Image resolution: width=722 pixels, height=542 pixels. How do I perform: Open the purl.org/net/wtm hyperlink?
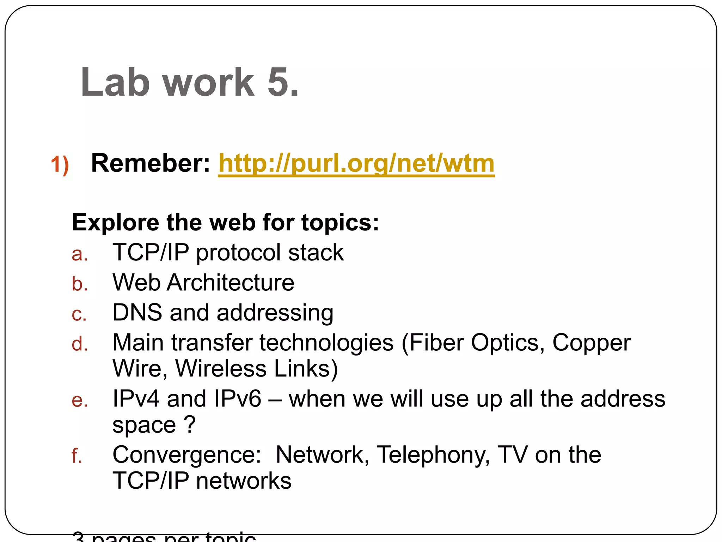click(356, 163)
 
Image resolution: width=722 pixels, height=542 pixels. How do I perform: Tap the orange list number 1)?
click(60, 165)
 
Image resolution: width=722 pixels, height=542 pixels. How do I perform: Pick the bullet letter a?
click(79, 254)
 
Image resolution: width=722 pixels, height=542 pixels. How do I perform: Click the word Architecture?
click(231, 283)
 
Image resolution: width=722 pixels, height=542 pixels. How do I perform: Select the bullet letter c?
click(79, 314)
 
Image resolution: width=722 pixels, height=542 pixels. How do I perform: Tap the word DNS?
click(137, 313)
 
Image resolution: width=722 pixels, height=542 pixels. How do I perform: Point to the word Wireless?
click(221, 369)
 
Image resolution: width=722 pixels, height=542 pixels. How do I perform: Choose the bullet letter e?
click(79, 401)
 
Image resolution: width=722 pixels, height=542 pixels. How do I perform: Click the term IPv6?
click(237, 399)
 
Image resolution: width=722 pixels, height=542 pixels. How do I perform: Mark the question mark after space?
click(190, 424)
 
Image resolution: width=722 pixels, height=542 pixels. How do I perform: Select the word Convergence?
click(187, 455)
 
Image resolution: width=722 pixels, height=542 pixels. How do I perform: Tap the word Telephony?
click(433, 455)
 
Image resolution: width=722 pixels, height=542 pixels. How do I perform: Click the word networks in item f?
click(244, 481)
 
